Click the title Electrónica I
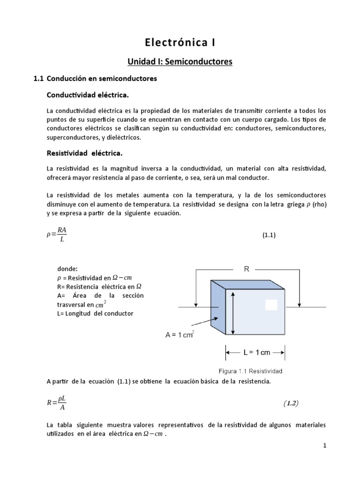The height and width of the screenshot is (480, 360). [180, 43]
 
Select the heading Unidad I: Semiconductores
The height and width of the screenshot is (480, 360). [180, 61]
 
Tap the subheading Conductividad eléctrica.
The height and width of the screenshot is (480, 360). [87, 95]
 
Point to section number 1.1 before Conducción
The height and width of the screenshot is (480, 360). [39, 79]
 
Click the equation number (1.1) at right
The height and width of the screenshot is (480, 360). [269, 236]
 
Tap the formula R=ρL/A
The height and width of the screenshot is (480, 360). [59, 403]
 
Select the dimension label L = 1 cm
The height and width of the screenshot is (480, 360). [256, 352]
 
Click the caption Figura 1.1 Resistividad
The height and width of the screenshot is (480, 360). [248, 371]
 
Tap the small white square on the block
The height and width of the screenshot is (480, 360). [271, 305]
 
